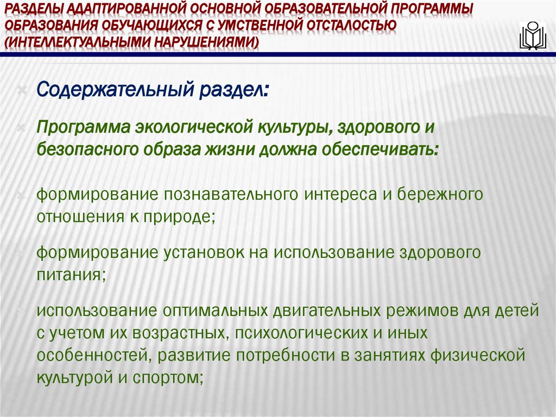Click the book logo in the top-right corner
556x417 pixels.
point(533,36)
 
